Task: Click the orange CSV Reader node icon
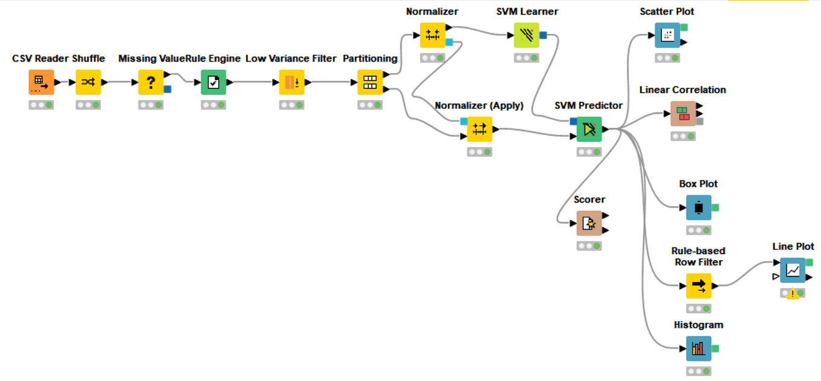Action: point(41,82)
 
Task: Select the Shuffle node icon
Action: point(88,82)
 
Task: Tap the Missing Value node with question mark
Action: point(151,82)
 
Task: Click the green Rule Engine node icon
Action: point(213,82)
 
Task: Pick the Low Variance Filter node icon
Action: point(291,82)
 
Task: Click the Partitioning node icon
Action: point(370,82)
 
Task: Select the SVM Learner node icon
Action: point(527,35)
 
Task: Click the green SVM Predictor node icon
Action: point(589,129)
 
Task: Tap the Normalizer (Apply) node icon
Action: point(479,129)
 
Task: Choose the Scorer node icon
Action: point(589,223)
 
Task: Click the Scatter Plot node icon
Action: point(667,35)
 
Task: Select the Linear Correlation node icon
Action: point(683,113)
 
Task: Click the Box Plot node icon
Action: point(699,207)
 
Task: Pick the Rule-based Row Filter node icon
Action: point(699,285)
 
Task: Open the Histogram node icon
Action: point(699,348)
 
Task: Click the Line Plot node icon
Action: point(793,270)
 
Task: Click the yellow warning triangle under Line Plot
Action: point(793,295)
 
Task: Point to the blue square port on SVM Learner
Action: point(544,34)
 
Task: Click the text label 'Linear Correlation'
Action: point(683,90)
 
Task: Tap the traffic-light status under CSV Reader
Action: point(41,105)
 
